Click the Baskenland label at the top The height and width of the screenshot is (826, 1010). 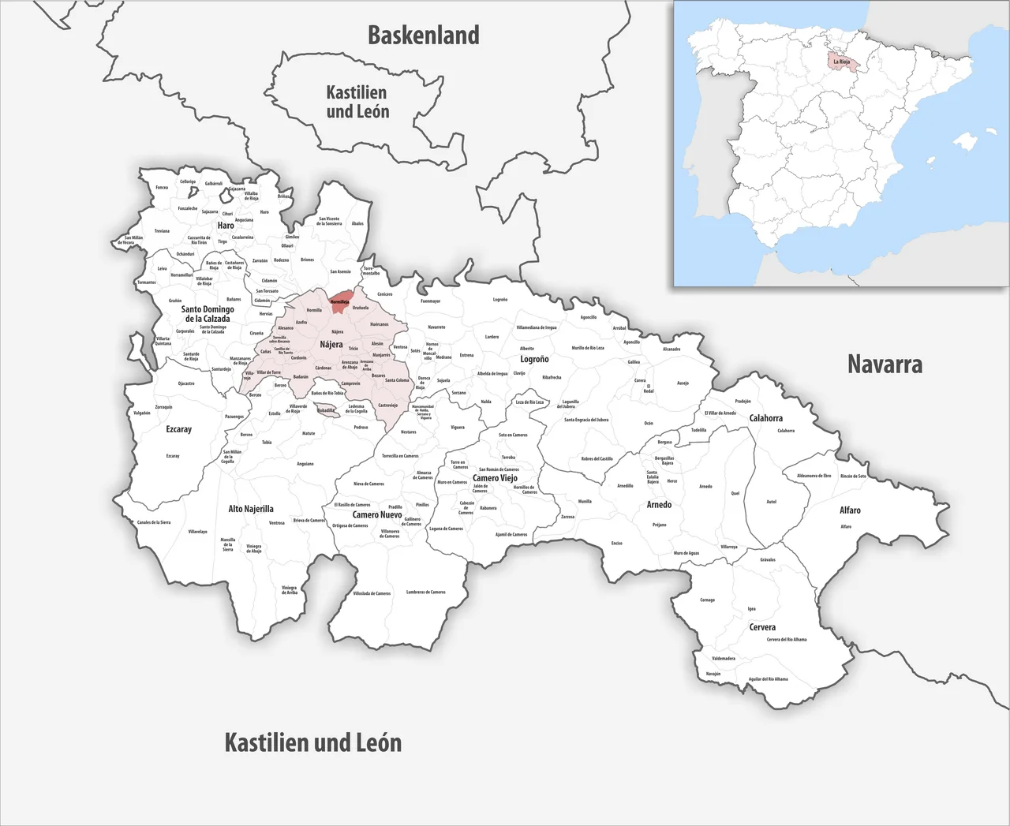coord(424,36)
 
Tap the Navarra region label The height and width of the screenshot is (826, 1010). coord(885,364)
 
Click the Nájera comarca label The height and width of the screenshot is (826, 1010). coord(331,345)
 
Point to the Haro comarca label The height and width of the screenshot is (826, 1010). coord(226,226)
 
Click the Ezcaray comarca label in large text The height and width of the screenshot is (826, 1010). coord(178,429)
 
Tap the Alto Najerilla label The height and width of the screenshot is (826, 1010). coord(251,509)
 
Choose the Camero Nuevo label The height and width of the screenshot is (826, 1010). coord(377,514)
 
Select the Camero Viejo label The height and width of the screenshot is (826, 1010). coord(495,478)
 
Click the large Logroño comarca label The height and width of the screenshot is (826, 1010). coord(534,359)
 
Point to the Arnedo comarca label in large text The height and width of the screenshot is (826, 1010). coord(659,504)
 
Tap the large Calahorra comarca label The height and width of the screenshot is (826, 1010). coord(765,418)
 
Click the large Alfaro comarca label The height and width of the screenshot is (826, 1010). coord(850,510)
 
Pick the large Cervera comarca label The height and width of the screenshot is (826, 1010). coord(762,627)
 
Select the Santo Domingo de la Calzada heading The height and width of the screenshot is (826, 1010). coord(208,314)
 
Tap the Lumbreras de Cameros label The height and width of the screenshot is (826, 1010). coord(426,592)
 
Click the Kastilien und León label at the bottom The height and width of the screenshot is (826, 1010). coord(313,742)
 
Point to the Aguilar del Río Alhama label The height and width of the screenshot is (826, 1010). coord(768,678)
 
